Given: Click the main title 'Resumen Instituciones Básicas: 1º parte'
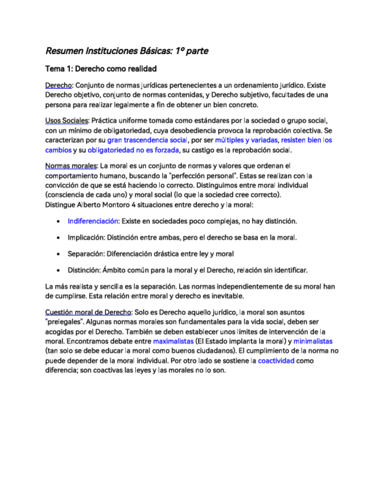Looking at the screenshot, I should point(126,51).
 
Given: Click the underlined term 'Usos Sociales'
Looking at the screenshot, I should point(66,120).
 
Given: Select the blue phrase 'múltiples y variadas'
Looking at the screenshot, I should point(246,140).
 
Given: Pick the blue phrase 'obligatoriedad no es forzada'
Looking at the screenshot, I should point(133,150).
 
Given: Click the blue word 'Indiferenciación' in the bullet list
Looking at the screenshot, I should point(93,221).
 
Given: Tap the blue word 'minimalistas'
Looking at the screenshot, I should point(313,341).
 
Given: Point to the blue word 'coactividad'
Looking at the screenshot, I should point(276,361).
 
